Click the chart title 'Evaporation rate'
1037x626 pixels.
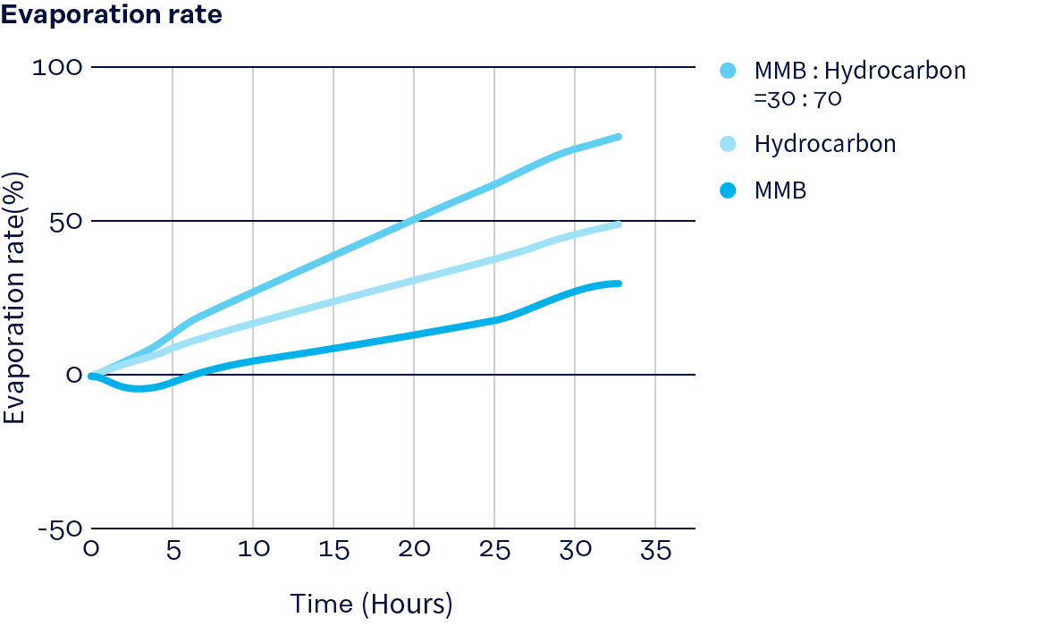pos(112,16)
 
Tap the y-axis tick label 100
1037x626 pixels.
pos(56,67)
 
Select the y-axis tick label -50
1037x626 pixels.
pos(59,529)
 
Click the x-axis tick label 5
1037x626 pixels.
pos(173,550)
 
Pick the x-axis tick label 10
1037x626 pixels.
pos(253,550)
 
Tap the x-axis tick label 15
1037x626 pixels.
pos(333,550)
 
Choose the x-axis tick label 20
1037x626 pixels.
pos(414,550)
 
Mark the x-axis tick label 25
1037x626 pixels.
pos(494,550)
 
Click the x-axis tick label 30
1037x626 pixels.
pos(575,550)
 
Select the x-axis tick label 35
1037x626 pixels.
pos(655,550)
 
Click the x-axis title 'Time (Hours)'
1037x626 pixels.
pos(371,604)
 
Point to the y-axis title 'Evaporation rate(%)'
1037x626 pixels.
pos(14,297)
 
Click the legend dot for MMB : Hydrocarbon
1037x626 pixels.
pos(728,71)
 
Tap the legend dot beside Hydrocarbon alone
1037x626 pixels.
pos(728,144)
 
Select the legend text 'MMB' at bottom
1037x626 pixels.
pos(780,190)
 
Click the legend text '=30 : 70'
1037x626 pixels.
pos(797,98)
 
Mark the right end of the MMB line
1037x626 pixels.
pos(618,283)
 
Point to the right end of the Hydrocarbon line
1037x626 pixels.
pos(618,224)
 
